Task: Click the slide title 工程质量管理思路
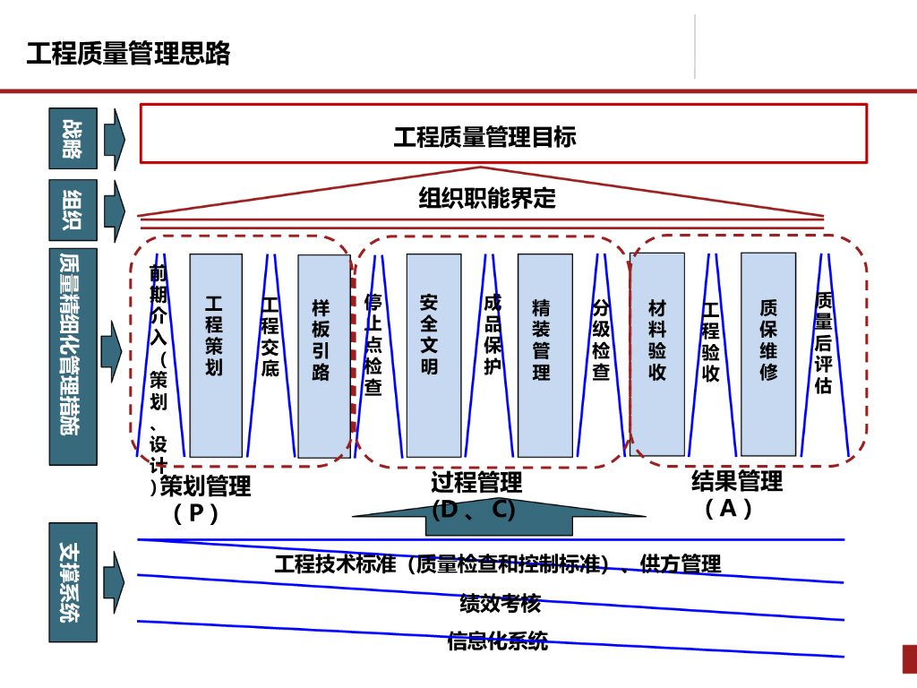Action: tap(128, 54)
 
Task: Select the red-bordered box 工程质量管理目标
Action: tap(503, 134)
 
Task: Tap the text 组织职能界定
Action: tap(487, 198)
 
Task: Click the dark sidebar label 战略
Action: tap(73, 138)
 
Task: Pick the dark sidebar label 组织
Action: tap(73, 210)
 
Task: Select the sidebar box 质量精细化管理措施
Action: tap(73, 357)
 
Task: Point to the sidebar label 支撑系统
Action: tap(73, 582)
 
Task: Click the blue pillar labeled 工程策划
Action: tap(215, 355)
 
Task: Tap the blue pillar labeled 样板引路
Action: tap(323, 355)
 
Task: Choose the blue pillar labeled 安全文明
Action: tap(433, 355)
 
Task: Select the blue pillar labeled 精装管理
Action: tap(544, 355)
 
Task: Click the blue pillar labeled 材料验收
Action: tap(657, 355)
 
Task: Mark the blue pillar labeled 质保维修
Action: tap(768, 355)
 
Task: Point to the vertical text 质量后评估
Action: tap(825, 344)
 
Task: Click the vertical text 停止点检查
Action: tap(373, 344)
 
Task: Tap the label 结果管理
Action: tap(737, 481)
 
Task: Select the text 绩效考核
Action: tap(500, 603)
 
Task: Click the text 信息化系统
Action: tap(498, 641)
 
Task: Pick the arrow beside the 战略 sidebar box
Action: tap(114, 138)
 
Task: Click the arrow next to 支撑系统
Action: tap(114, 582)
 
